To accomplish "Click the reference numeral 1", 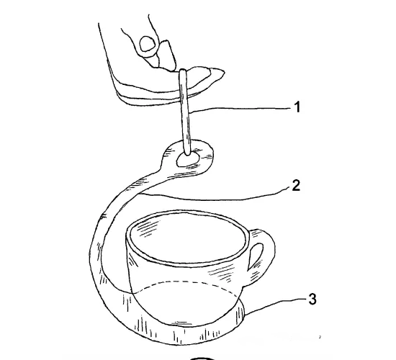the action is tap(298, 107).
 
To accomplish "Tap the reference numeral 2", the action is tap(296, 186).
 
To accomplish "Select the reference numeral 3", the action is tap(312, 299).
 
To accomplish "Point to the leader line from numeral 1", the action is tap(240, 109).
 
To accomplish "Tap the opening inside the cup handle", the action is tap(256, 256).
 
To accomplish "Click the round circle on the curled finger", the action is tap(148, 44).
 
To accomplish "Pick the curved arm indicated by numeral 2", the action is tap(106, 228).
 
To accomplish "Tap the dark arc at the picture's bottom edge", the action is tap(202, 359).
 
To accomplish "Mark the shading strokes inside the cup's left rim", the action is tap(148, 228).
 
